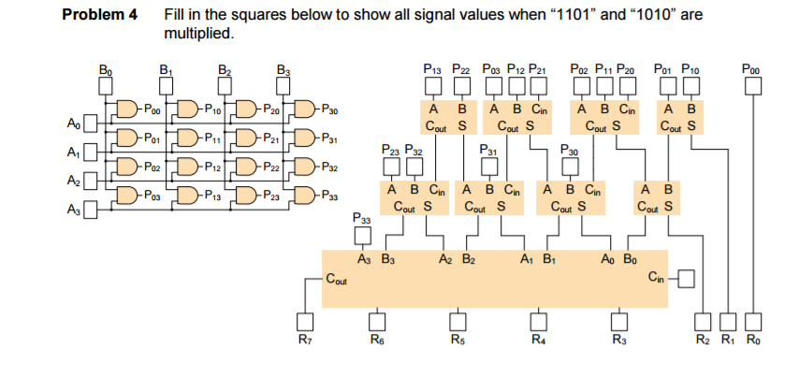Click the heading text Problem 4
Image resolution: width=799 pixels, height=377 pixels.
click(x=99, y=16)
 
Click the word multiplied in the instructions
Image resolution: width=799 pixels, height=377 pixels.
click(x=194, y=34)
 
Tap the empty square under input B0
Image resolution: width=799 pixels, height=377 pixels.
click(x=106, y=86)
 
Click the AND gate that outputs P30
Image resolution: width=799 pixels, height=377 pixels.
click(x=305, y=109)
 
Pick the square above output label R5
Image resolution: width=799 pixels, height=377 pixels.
click(x=457, y=321)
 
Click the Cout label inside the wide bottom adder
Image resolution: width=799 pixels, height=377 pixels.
click(x=339, y=278)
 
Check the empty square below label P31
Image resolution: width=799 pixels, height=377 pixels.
click(x=487, y=166)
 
